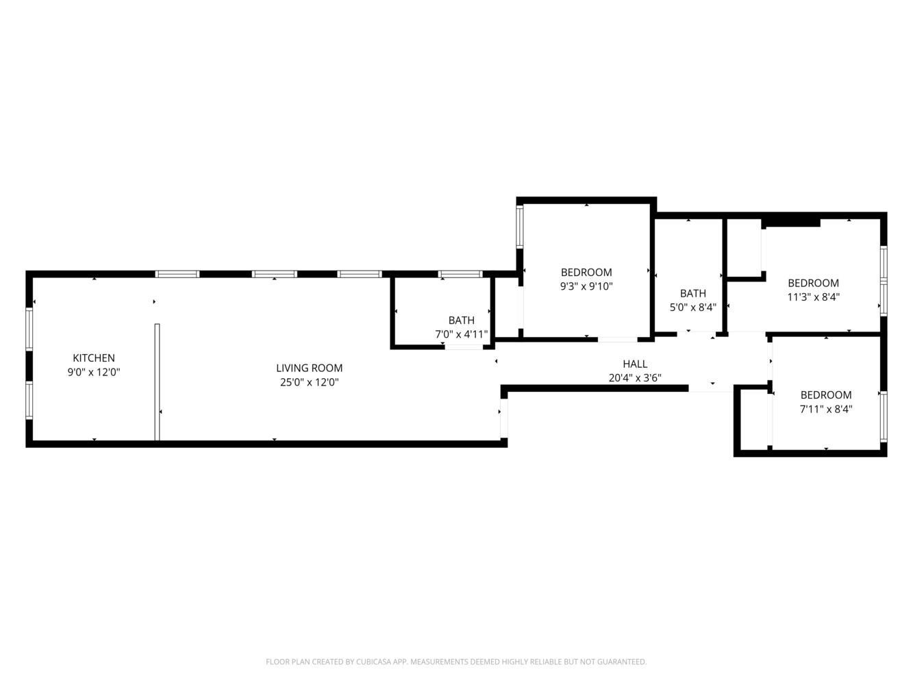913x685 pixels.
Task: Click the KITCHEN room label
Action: [x=94, y=358]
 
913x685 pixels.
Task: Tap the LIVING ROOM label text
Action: [x=309, y=368]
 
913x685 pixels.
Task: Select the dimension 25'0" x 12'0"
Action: [x=309, y=382]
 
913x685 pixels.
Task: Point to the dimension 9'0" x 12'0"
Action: [x=94, y=372]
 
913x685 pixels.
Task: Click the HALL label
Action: [x=634, y=364]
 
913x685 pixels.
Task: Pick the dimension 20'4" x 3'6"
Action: [x=634, y=377]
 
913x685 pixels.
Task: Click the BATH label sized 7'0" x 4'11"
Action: [x=461, y=320]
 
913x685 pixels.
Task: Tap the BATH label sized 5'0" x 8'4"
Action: [x=692, y=293]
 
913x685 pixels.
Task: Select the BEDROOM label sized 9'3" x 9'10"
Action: [x=586, y=272]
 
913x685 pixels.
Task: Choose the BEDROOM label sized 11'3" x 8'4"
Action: [x=813, y=283]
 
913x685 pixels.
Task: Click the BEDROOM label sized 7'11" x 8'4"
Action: [x=826, y=395]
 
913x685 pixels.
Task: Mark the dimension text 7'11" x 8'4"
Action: [x=826, y=409]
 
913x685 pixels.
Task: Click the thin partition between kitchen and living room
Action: [x=157, y=382]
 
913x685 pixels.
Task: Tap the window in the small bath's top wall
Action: [x=460, y=274]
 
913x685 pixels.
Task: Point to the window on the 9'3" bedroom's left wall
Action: [x=520, y=227]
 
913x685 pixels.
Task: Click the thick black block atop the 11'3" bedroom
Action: [x=791, y=221]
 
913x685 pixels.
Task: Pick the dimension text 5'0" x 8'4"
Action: [x=692, y=308]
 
